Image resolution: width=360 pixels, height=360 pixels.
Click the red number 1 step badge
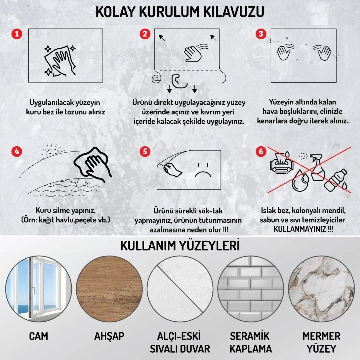coord(17,34)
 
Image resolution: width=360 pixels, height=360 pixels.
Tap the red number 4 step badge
coord(17,151)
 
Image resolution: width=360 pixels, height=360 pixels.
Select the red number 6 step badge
coord(260,151)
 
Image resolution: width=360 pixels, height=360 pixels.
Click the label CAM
coord(39,336)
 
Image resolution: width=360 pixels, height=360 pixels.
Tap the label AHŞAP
coord(109,336)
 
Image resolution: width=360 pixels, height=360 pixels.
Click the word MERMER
coord(321,336)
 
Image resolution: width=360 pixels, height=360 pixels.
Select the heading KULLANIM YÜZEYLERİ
coord(180,245)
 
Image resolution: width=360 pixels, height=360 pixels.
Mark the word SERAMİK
coord(250,336)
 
